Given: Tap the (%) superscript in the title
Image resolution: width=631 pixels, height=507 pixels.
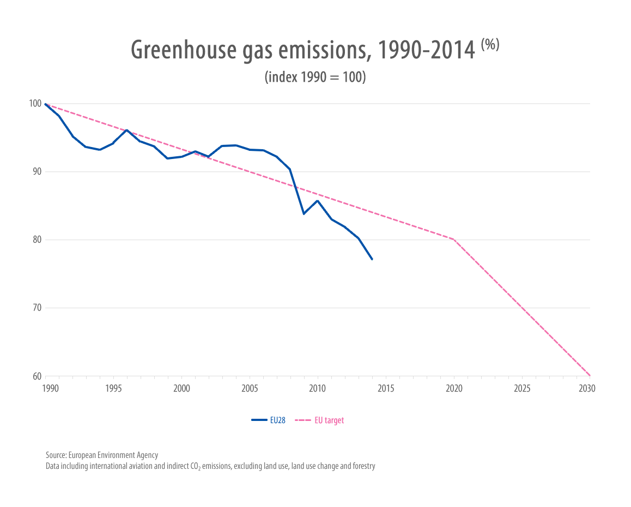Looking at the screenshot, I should tap(490, 45).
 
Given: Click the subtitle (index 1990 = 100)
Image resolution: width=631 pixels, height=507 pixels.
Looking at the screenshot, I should tap(315, 77).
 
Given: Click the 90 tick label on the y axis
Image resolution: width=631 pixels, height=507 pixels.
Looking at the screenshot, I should tap(37, 172).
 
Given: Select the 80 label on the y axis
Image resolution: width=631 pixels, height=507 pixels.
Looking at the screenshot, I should tap(37, 240).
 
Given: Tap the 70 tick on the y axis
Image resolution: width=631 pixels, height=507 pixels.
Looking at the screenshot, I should tap(37, 308).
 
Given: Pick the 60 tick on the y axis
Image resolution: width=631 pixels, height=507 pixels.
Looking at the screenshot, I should tap(37, 376).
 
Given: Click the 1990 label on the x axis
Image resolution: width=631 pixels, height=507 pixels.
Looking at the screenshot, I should tap(50, 389).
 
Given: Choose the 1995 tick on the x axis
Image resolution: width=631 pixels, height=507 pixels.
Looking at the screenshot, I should tap(113, 389).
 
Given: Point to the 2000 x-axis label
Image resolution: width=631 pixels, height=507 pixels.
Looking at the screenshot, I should tap(181, 389).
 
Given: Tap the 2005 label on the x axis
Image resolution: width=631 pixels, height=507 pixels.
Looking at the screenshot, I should tap(250, 389).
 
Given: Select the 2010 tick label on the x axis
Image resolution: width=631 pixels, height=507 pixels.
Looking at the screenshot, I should tap(318, 389).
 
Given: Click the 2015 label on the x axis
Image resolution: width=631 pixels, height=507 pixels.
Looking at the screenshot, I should tap(386, 389).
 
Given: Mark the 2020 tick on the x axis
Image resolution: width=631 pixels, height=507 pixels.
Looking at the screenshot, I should tap(454, 389).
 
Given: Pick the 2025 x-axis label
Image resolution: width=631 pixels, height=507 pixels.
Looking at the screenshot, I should tap(522, 389).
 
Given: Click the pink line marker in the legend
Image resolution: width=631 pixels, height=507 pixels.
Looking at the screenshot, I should tap(302, 420).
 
